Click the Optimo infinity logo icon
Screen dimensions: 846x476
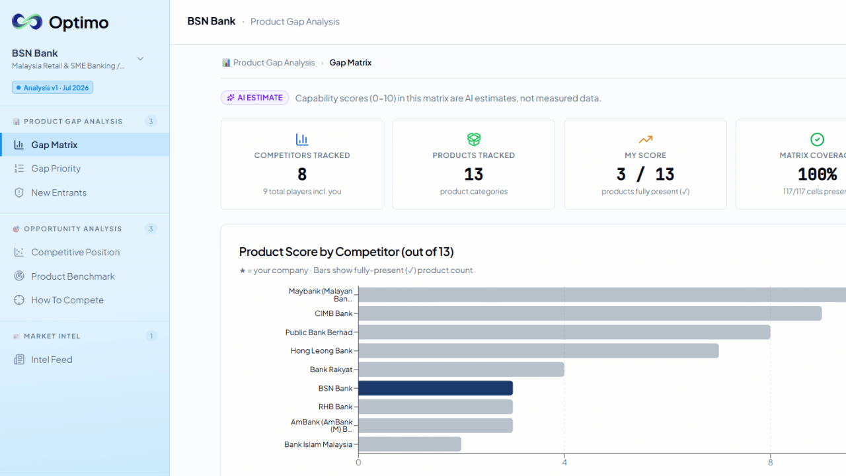(x=27, y=22)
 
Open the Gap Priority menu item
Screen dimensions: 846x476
(x=56, y=169)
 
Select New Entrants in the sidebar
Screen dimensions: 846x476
(x=59, y=192)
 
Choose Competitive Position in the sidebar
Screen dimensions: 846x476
(x=75, y=253)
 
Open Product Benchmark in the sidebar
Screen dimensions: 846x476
(x=73, y=276)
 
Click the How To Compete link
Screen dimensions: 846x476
(x=67, y=300)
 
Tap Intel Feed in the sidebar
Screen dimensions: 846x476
(x=52, y=360)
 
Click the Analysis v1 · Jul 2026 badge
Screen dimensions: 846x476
(x=52, y=88)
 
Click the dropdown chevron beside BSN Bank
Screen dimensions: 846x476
(x=140, y=59)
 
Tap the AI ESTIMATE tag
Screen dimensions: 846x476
(x=255, y=98)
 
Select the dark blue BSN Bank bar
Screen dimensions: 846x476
(x=436, y=388)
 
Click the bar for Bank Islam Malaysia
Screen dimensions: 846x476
(x=410, y=444)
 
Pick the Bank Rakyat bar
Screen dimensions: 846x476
(x=461, y=370)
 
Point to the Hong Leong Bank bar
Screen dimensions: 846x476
(x=539, y=351)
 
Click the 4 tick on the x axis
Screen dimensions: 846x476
(x=564, y=462)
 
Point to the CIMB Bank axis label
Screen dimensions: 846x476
(x=334, y=313)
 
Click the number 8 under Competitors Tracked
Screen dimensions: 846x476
(x=302, y=175)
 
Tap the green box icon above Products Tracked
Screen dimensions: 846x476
(x=474, y=139)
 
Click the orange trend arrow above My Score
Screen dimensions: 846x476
(x=646, y=139)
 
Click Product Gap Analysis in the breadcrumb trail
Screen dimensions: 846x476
(x=274, y=63)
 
